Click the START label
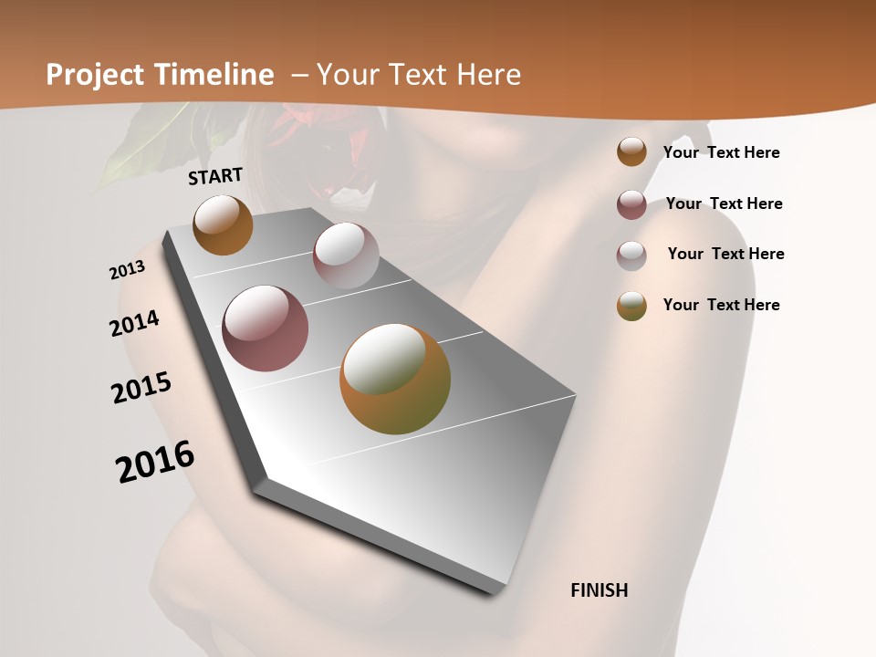pyautogui.click(x=215, y=176)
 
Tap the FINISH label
pyautogui.click(x=600, y=590)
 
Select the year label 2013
pyautogui.click(x=127, y=270)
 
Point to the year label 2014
pyautogui.click(x=134, y=324)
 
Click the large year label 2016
pyautogui.click(x=155, y=462)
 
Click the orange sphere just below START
pyautogui.click(x=223, y=224)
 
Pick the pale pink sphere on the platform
pyautogui.click(x=346, y=255)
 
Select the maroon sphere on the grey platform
pyautogui.click(x=266, y=328)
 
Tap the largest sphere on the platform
pyautogui.click(x=395, y=379)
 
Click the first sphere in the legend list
pyautogui.click(x=631, y=152)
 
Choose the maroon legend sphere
pyautogui.click(x=631, y=204)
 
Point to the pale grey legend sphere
pyautogui.click(x=631, y=255)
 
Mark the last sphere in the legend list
pyautogui.click(x=631, y=306)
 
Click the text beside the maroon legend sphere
pyautogui.click(x=724, y=203)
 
